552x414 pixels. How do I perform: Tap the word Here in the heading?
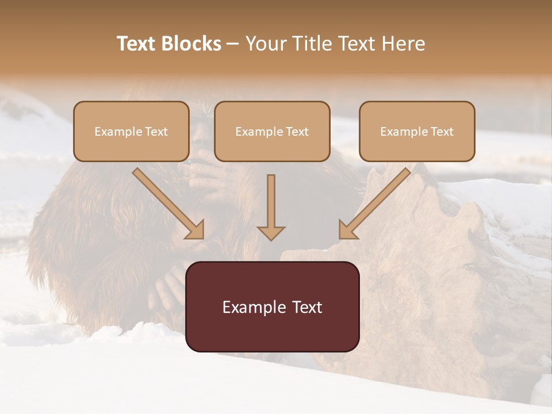point(403,44)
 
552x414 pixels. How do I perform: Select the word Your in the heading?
point(266,44)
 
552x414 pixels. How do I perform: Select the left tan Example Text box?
point(131,131)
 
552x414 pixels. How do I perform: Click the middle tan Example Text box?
point(272,131)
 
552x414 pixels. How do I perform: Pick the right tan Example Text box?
point(417,131)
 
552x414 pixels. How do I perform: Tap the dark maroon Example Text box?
point(273,306)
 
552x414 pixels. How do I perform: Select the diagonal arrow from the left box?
point(167,202)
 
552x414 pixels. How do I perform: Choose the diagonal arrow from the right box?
point(375,202)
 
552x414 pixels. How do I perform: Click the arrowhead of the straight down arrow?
point(271,233)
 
